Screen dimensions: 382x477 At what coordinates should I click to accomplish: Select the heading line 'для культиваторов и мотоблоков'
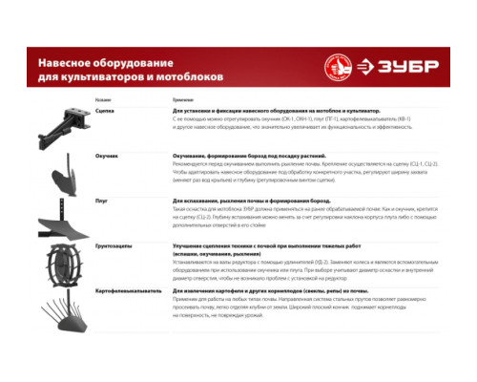coord(130,74)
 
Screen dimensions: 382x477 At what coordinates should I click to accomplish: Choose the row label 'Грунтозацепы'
coord(111,245)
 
